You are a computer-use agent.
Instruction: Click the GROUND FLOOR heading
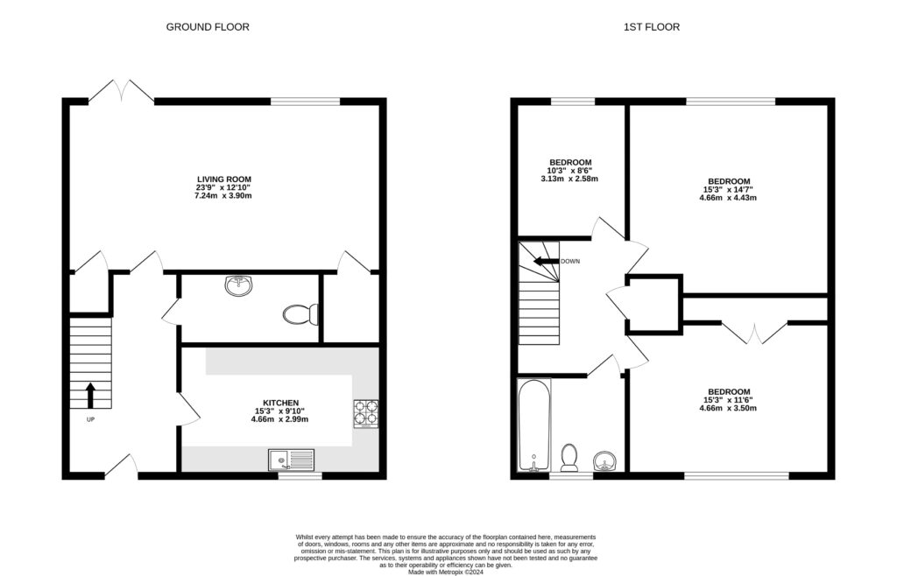pos(208,27)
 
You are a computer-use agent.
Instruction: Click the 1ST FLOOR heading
pos(651,27)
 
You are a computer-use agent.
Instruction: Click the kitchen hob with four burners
pos(365,412)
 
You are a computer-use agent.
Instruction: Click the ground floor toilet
pos(301,314)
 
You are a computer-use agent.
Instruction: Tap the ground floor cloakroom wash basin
pos(238,285)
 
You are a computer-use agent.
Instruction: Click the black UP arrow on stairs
pos(90,395)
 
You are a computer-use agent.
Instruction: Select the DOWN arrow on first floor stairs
pos(548,261)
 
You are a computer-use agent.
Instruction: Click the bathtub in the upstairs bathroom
pos(533,425)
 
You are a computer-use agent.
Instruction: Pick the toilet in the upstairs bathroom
pos(569,456)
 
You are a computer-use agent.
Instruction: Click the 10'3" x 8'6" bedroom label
pos(570,171)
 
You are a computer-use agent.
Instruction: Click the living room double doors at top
pos(123,90)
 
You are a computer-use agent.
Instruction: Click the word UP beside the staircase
pos(89,419)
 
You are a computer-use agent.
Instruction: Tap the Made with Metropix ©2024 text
pos(447,571)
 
